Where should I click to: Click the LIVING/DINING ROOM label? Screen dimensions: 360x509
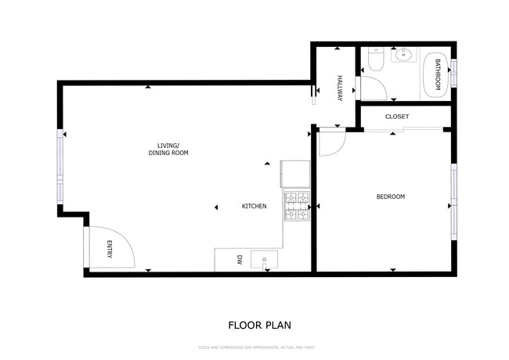pos(168,149)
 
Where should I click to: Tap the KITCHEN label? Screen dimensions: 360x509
pos(254,207)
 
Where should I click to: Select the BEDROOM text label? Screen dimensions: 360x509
pos(391,196)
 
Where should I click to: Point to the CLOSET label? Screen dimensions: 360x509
pos(397,117)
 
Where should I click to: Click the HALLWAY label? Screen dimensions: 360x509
pos(340,87)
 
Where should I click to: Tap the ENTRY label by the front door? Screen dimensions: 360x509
pos(110,250)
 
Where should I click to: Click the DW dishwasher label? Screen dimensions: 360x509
pos(240,259)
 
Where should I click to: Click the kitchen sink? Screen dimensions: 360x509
pos(265,259)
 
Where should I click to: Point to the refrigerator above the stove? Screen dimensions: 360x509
pos(295,175)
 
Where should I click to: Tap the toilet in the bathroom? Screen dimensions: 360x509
pos(374,62)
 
